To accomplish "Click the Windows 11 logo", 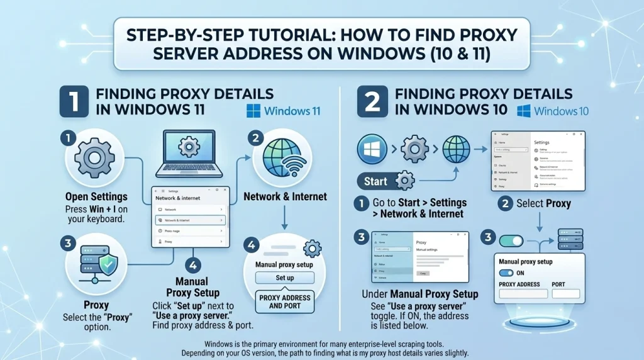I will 254,111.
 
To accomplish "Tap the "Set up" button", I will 284,278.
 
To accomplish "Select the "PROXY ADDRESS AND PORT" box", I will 285,301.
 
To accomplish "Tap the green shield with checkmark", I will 107,267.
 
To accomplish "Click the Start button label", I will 375,181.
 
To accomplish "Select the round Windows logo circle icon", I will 372,150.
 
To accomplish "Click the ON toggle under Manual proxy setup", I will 506,273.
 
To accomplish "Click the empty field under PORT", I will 565,294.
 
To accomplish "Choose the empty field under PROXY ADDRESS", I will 519,294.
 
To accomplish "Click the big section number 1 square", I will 74,103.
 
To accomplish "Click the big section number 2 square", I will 372,103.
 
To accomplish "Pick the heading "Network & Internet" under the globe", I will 285,196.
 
